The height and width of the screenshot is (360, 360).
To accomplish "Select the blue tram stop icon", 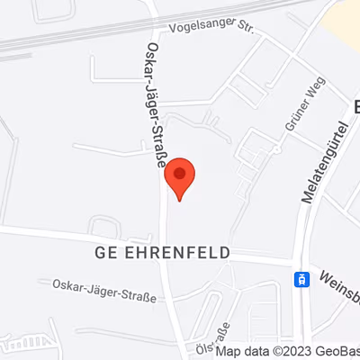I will pyautogui.click(x=301, y=279).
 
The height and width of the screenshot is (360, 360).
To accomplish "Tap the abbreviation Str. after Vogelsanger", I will pyautogui.click(x=245, y=27).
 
